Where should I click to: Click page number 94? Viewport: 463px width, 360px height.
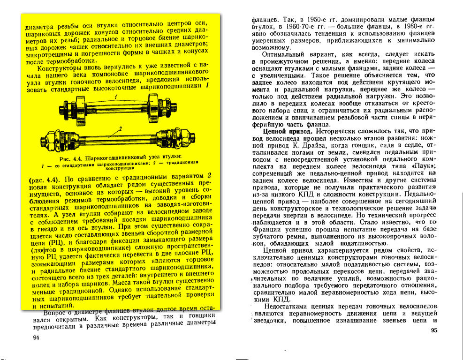coord(36,338)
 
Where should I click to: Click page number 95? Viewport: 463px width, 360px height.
coord(434,331)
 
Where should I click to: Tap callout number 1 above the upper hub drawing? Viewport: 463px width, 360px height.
coord(116,97)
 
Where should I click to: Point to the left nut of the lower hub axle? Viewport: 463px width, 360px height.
coord(48,139)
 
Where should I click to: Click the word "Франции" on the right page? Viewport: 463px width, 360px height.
coord(269,229)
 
